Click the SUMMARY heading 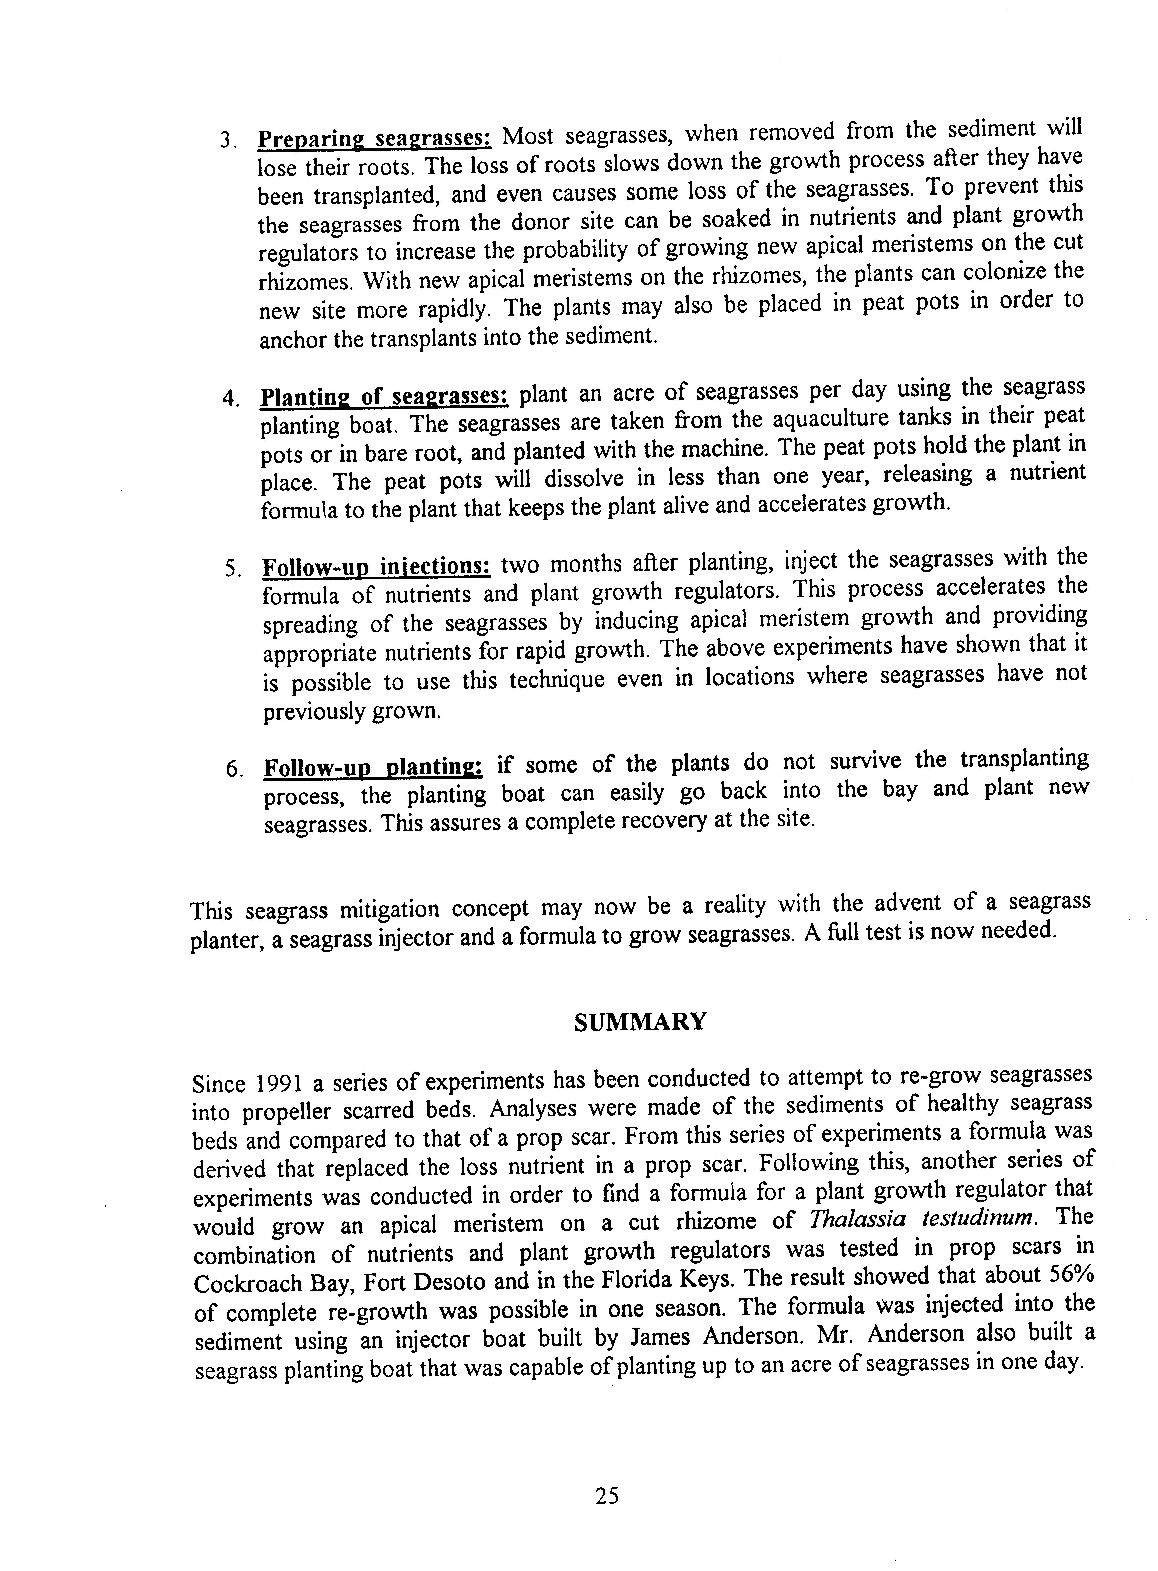point(639,1022)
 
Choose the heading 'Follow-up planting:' point(373,767)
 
